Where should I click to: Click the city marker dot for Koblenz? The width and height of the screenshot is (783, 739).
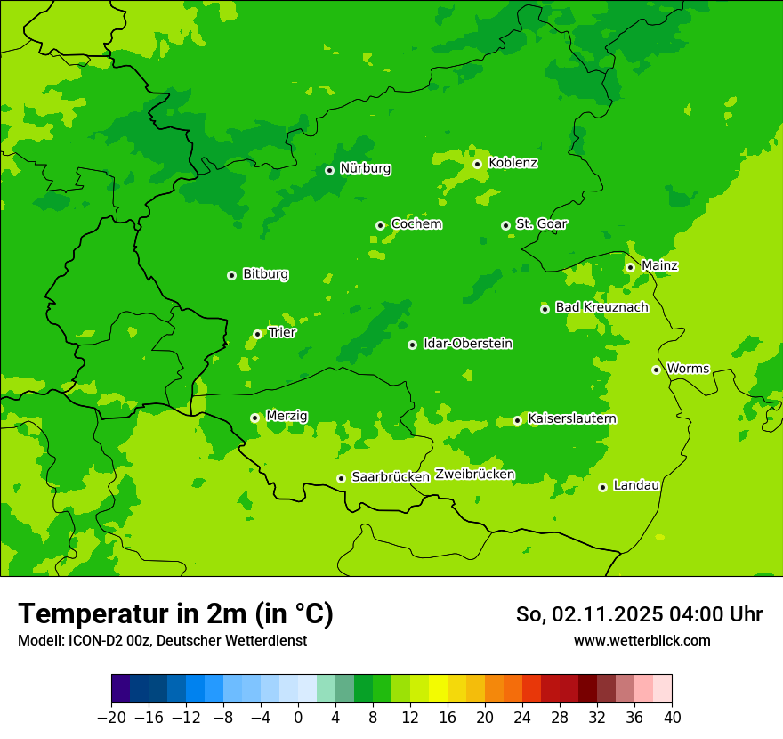(x=477, y=164)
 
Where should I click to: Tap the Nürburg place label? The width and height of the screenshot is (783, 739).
(x=365, y=168)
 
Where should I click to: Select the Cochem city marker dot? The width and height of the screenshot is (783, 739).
(x=380, y=225)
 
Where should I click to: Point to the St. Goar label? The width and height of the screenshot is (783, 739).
(x=541, y=223)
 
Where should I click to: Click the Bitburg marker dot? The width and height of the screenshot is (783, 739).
(x=231, y=275)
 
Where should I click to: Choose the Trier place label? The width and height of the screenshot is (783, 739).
(x=282, y=332)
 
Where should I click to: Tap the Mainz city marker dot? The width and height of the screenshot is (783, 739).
(x=630, y=267)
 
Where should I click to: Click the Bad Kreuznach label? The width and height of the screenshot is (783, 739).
(x=601, y=307)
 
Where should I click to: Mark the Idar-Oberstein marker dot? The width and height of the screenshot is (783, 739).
(x=412, y=345)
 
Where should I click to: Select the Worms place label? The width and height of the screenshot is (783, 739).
(x=688, y=368)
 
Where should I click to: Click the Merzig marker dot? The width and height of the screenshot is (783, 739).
(x=254, y=418)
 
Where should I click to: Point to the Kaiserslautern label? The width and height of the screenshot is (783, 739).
(x=572, y=418)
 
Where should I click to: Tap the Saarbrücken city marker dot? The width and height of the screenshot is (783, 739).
(x=341, y=478)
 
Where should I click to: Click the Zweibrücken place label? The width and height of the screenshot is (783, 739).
(x=474, y=475)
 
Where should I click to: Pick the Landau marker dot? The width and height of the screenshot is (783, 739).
(x=602, y=487)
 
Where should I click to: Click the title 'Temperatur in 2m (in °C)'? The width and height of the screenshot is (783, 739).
(x=175, y=613)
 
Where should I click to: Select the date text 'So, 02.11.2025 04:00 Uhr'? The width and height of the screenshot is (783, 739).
(x=639, y=614)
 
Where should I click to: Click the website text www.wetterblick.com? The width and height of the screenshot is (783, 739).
(x=642, y=640)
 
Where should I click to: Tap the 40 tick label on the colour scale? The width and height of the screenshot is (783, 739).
(x=672, y=718)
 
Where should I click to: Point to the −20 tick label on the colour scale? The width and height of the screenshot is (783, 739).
(x=111, y=718)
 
